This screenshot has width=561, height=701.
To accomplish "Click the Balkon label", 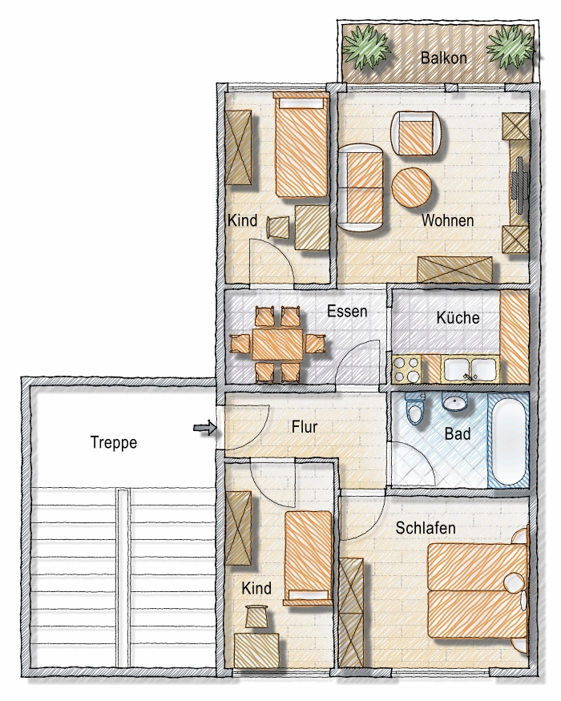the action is click(x=444, y=58).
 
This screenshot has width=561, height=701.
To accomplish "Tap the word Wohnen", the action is click(x=447, y=220).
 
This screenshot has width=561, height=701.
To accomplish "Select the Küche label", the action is click(x=458, y=317).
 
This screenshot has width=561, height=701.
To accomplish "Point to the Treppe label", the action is click(x=114, y=442).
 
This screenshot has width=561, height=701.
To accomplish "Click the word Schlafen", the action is click(x=426, y=528).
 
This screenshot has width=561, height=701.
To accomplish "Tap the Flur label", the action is click(x=305, y=427).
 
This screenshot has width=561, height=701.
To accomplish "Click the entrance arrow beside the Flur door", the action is click(x=205, y=429).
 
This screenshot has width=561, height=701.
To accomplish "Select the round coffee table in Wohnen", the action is click(x=412, y=187).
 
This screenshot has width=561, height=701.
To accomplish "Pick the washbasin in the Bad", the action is click(x=455, y=402).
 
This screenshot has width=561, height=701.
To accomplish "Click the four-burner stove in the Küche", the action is click(x=406, y=369).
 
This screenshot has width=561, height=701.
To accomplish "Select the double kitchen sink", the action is click(x=470, y=369).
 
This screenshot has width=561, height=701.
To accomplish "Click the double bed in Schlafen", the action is click(x=476, y=590).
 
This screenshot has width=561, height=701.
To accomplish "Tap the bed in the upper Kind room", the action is click(x=301, y=144).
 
